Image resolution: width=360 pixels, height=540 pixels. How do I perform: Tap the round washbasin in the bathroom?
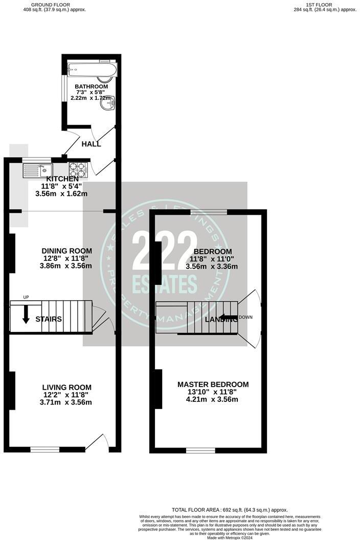pos(108,104)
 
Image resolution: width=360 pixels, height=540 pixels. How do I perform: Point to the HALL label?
pos(91,144)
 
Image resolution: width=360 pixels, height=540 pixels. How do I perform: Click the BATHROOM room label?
pos(91,86)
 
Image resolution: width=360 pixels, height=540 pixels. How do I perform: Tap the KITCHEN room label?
pos(62,179)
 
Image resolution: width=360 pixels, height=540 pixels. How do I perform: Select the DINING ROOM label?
pos(67,251)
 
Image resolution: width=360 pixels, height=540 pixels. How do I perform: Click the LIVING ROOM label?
pos(67,387)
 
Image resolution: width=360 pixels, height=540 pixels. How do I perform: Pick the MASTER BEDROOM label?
pos(213,385)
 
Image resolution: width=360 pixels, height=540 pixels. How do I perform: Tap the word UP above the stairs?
pos(25,297)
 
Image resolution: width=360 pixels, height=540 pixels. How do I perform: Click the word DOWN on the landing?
pos(245,317)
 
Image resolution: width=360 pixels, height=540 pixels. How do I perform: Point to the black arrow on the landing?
pos(229,318)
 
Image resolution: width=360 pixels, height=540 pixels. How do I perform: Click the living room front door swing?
pos(97,442)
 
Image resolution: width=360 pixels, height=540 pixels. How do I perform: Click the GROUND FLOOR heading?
pos(54,5)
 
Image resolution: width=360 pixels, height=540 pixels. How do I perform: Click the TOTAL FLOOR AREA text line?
pos(230,510)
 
